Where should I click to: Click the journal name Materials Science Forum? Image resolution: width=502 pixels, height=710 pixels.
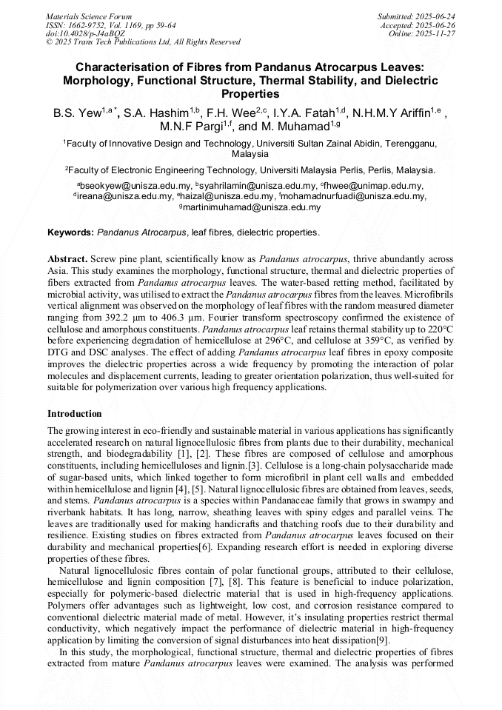tap(89, 16)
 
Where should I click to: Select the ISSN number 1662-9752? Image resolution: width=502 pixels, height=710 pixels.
tap(93, 25)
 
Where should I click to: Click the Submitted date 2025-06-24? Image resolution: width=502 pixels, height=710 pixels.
tap(435, 16)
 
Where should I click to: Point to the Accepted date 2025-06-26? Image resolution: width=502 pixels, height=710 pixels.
tap(435, 25)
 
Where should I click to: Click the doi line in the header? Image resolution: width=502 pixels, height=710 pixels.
tap(85, 34)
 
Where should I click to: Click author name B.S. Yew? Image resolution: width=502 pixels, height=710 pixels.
tap(76, 114)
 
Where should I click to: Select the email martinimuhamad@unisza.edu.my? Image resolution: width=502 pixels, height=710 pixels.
tap(250, 208)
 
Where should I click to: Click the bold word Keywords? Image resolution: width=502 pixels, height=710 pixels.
tap(70, 232)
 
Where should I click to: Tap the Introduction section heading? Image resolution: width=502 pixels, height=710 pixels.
tap(75, 414)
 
